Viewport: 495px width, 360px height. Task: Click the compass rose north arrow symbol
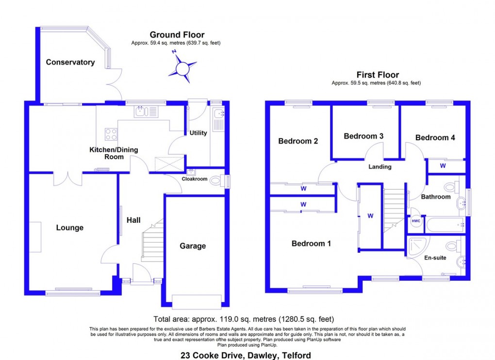(x=182, y=67)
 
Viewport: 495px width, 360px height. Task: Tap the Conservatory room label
(x=70, y=62)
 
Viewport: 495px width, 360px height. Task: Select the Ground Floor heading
(x=177, y=34)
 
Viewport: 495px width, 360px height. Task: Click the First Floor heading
(x=378, y=75)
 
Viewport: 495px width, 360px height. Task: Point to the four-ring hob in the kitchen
(x=111, y=133)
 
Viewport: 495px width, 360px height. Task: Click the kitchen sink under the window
(x=141, y=112)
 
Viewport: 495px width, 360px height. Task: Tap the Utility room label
(x=198, y=133)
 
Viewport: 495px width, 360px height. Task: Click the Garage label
(x=193, y=246)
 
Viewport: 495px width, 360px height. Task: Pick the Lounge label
(x=70, y=228)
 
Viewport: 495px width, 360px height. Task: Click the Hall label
(x=133, y=220)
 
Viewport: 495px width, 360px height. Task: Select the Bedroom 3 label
(x=363, y=136)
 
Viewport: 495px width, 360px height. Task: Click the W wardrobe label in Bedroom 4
(x=443, y=165)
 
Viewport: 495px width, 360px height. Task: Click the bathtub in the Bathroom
(x=444, y=225)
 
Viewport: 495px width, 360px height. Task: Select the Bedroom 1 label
(x=311, y=244)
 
